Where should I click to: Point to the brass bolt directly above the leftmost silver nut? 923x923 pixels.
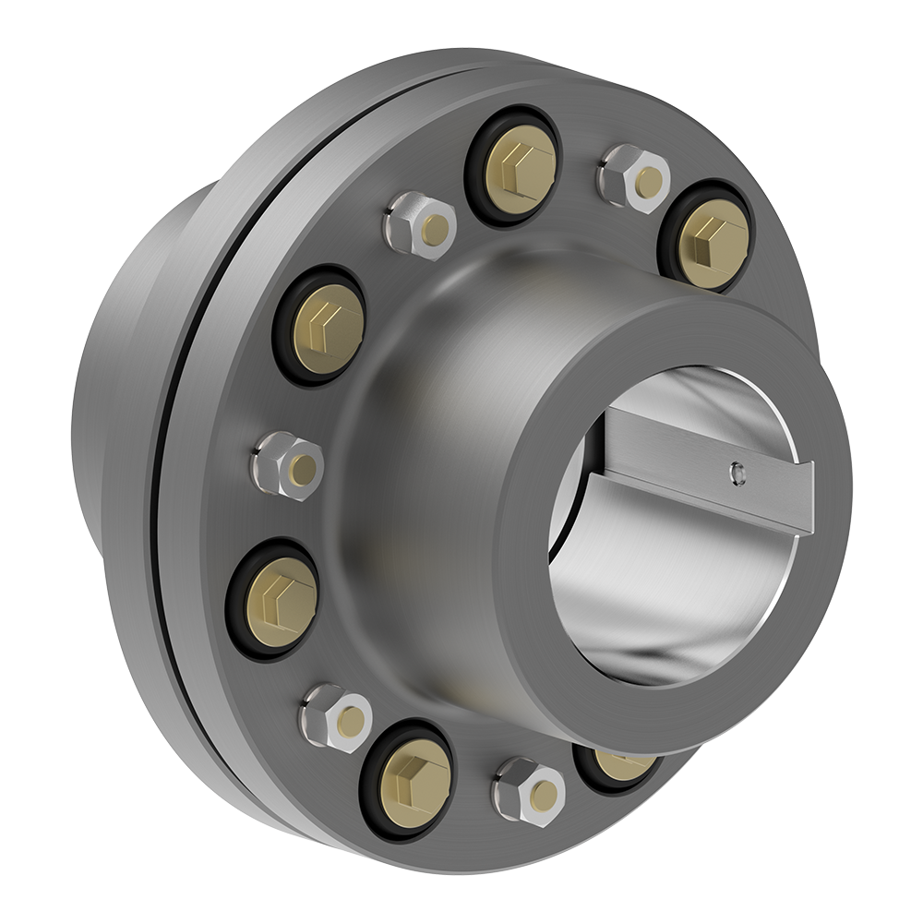[x=327, y=328]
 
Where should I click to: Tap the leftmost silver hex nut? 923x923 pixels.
[x=288, y=465]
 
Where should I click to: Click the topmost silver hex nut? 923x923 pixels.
[x=635, y=178]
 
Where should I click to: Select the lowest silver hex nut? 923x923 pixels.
[x=530, y=790]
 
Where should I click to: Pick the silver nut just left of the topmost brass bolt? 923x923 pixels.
[x=420, y=225]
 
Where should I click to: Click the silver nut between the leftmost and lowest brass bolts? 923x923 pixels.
[x=337, y=717]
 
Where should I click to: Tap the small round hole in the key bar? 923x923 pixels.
[x=736, y=473]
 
